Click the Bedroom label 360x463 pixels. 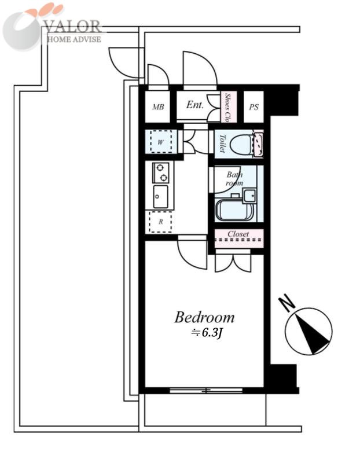pos(204,317)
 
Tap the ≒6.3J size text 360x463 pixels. pos(206,333)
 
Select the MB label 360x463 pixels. pos(158,107)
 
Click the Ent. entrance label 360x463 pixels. pos(195,105)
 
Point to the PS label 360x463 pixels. pos(254,107)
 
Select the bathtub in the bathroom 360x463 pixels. pos(235,210)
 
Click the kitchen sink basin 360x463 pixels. pos(160,197)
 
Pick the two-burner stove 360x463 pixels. pos(161,172)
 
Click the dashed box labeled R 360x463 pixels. pos(161,222)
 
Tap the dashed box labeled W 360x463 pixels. pos(161,142)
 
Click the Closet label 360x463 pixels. pos(238,234)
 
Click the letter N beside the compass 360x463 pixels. pos(287,303)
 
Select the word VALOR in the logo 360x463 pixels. pos(73,27)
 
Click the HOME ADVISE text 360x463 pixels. pos(74,39)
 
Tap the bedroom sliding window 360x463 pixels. pos(206,391)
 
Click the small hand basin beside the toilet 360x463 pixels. pos(258,145)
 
